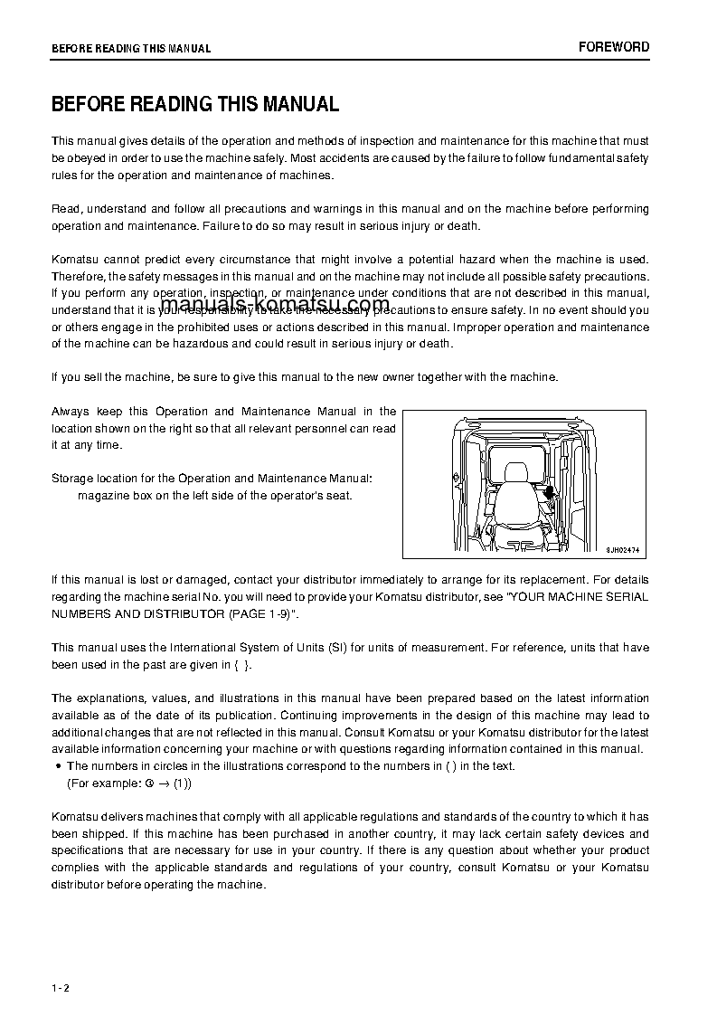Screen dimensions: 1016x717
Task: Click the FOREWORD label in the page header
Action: [x=614, y=47]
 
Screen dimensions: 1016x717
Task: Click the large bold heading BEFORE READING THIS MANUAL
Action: [x=195, y=104]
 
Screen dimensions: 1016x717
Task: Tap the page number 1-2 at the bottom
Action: [x=61, y=987]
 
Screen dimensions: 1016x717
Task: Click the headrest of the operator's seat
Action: [x=516, y=473]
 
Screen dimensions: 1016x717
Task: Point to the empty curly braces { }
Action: [x=241, y=665]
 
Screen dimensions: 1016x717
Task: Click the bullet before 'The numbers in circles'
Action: [x=57, y=766]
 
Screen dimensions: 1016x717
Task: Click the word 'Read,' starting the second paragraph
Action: [x=68, y=209]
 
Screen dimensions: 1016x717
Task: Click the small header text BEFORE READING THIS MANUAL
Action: [x=131, y=48]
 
